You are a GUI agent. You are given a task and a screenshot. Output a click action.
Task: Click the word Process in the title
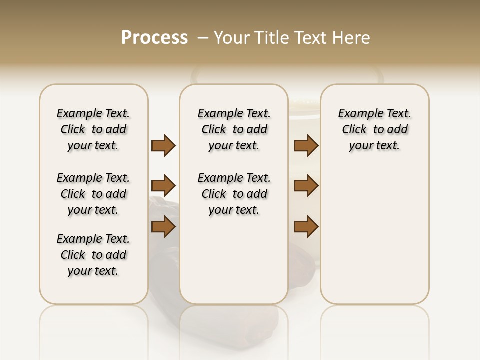tap(154, 38)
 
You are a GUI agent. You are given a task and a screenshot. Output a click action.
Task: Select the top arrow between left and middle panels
tap(163, 145)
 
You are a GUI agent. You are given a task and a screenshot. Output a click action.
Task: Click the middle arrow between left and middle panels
tap(163, 186)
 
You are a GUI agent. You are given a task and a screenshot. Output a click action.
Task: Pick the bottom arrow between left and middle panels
tap(163, 226)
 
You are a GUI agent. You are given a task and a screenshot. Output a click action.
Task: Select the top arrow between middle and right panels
tap(306, 145)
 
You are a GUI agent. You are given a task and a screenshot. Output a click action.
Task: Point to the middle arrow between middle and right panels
tap(306, 186)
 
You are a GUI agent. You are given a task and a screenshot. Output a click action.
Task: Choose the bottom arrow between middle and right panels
tap(306, 226)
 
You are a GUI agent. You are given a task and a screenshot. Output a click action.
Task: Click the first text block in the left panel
tap(93, 129)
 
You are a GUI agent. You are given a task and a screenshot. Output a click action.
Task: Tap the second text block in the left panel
tap(93, 194)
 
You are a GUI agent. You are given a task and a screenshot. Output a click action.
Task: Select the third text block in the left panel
tap(93, 255)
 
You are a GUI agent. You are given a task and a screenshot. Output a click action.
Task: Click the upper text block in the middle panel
tap(234, 129)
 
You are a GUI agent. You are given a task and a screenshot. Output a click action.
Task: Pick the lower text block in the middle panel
tap(234, 194)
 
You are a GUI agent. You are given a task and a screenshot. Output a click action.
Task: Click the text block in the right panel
tap(375, 129)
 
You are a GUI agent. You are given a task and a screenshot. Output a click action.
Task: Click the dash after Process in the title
tap(203, 38)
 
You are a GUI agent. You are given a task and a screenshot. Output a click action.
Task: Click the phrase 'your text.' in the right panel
tap(375, 146)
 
